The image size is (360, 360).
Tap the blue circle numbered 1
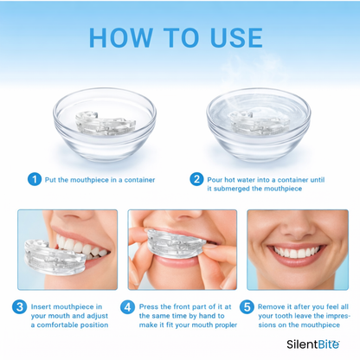(34, 179)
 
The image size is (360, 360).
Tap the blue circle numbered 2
(197, 179)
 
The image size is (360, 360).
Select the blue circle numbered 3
(20, 306)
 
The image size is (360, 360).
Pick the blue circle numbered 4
(128, 306)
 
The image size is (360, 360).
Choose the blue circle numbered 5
(246, 306)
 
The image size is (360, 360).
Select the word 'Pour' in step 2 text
(217, 179)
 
